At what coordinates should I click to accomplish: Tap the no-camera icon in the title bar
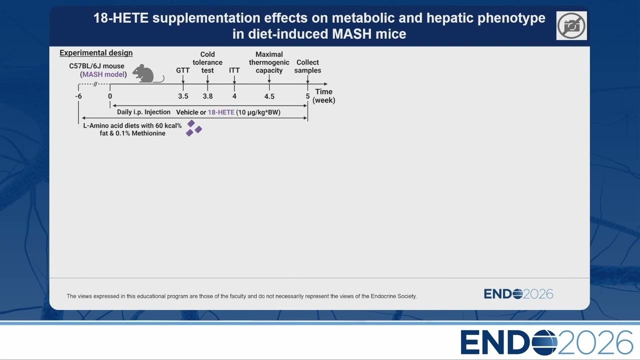tap(571, 25)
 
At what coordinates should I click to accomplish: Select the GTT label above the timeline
tap(183, 70)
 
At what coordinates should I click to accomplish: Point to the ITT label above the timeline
tap(234, 70)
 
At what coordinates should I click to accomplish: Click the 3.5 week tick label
tap(183, 96)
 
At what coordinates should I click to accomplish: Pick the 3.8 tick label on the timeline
tap(207, 96)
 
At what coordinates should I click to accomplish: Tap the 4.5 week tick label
tap(269, 96)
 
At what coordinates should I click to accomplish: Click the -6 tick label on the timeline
tap(78, 96)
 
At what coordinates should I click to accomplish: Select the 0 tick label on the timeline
tap(110, 96)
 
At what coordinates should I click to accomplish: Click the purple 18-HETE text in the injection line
tap(221, 112)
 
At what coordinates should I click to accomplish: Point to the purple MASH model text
tap(103, 74)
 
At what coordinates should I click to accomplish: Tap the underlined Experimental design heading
tap(96, 53)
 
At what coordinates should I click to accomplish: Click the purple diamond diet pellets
tap(193, 128)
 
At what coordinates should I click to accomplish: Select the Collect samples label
tap(307, 66)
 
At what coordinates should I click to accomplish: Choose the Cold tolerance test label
tap(207, 62)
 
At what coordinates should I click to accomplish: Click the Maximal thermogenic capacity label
tap(269, 62)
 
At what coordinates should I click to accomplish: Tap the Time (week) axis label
tap(323, 96)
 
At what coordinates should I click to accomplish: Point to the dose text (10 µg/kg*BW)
tap(258, 112)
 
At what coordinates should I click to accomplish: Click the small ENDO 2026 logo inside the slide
tap(518, 294)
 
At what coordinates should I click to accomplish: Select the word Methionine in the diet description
tap(148, 133)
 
